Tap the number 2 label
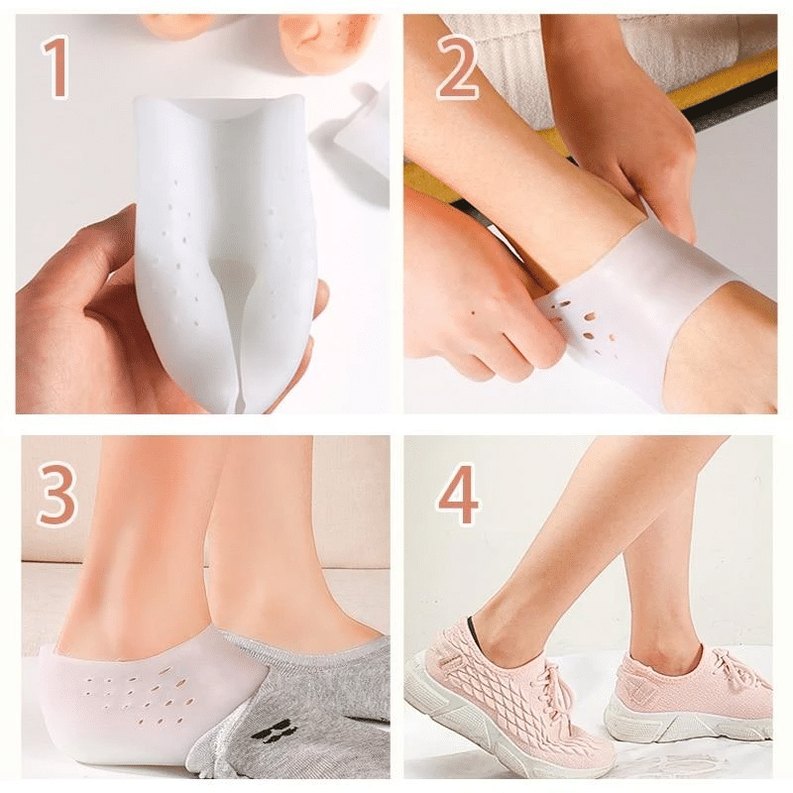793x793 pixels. pyautogui.click(x=458, y=68)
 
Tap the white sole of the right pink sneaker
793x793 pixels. pyautogui.click(x=684, y=724)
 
